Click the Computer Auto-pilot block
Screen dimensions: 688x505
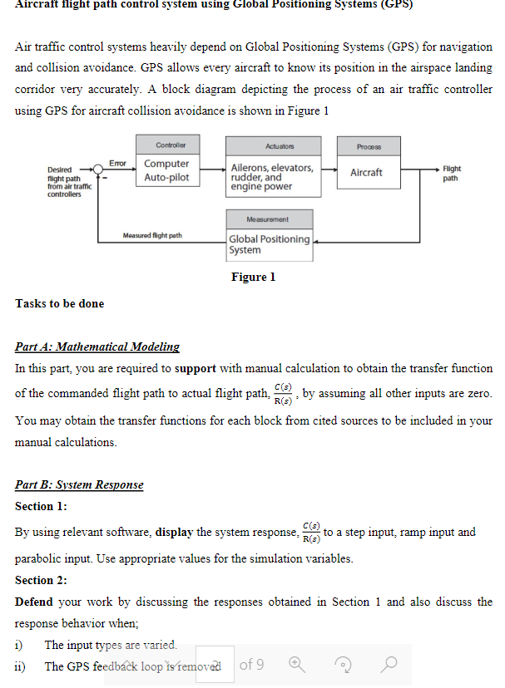(166, 171)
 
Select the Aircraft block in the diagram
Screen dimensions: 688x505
(366, 172)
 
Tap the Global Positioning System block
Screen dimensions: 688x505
(270, 244)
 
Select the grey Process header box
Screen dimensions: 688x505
(367, 145)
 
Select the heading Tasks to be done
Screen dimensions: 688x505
(60, 303)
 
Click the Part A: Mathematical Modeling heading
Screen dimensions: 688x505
(97, 346)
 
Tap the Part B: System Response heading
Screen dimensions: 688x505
(79, 484)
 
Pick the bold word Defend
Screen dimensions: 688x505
(34, 602)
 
